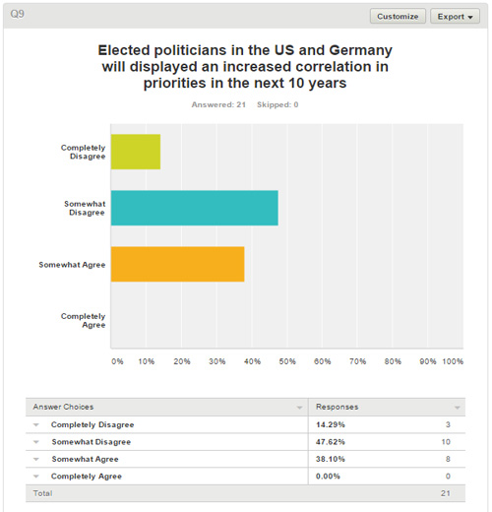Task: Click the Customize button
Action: pyautogui.click(x=398, y=16)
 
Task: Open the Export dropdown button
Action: pyautogui.click(x=455, y=16)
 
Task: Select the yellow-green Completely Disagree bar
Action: pyautogui.click(x=136, y=152)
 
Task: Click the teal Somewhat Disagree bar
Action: pyautogui.click(x=195, y=208)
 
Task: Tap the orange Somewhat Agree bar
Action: pyautogui.click(x=177, y=264)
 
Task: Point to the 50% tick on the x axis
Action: pyautogui.click(x=287, y=361)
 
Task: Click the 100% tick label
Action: pyautogui.click(x=453, y=361)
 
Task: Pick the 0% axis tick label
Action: pyautogui.click(x=117, y=361)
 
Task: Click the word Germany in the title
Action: pyautogui.click(x=360, y=50)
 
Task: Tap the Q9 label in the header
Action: pyautogui.click(x=17, y=14)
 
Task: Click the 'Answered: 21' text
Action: pyautogui.click(x=218, y=104)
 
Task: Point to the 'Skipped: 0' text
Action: pyautogui.click(x=277, y=104)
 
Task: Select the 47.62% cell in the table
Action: pyautogui.click(x=331, y=442)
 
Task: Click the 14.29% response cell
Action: pyautogui.click(x=331, y=424)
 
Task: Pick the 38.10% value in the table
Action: pyautogui.click(x=331, y=459)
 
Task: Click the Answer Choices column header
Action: pyautogui.click(x=63, y=407)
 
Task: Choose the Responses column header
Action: pyautogui.click(x=337, y=407)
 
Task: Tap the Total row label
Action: pyautogui.click(x=42, y=493)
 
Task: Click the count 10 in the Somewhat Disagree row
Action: pyautogui.click(x=446, y=442)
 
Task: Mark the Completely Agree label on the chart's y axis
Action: pyautogui.click(x=83, y=320)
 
